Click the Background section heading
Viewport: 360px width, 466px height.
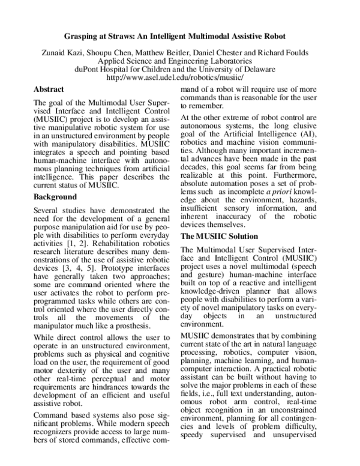(55, 196)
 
